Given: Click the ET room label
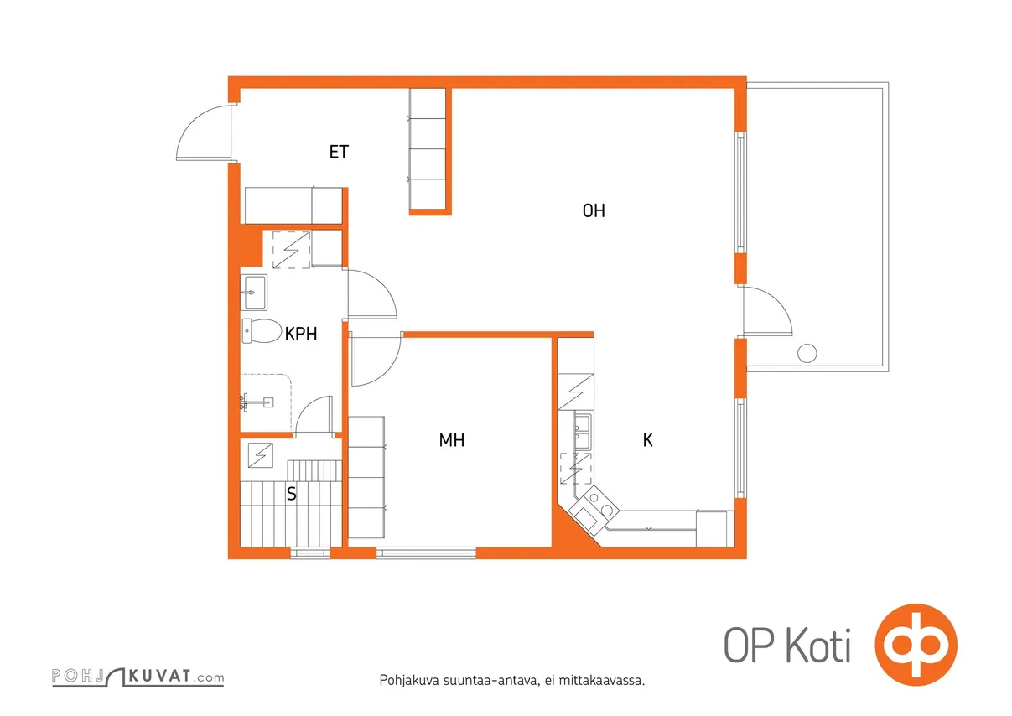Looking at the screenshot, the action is tap(339, 152).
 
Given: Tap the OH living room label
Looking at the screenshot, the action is tap(594, 210).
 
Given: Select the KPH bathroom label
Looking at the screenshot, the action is tap(301, 334).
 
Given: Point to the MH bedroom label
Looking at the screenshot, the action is tap(452, 440).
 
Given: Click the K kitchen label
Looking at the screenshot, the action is tap(647, 440).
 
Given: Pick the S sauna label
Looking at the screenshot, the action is tap(292, 494).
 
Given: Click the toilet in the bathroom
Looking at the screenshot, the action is tap(262, 331).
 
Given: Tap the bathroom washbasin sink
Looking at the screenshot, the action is tap(253, 293).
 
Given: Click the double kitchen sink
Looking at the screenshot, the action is tap(582, 431).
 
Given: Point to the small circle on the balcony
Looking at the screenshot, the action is tap(807, 353).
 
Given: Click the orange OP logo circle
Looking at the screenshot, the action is tap(916, 645).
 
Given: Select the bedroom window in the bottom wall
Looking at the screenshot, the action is tap(426, 553).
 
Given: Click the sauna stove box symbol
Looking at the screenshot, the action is tap(261, 455).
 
